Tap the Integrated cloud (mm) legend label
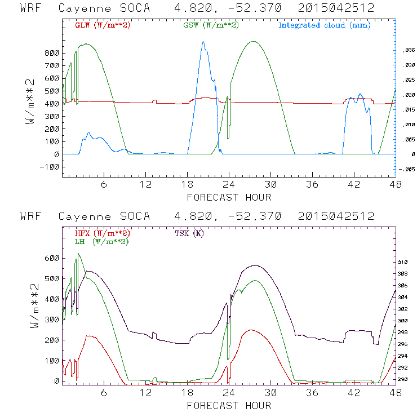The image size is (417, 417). click(x=324, y=25)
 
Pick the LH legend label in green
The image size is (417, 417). click(x=101, y=241)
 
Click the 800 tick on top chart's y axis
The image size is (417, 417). click(x=52, y=53)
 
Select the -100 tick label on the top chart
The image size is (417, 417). click(x=49, y=167)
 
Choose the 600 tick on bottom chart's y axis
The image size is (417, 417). click(x=52, y=258)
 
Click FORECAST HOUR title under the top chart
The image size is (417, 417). click(x=229, y=197)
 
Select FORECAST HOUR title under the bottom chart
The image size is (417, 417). click(x=229, y=406)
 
